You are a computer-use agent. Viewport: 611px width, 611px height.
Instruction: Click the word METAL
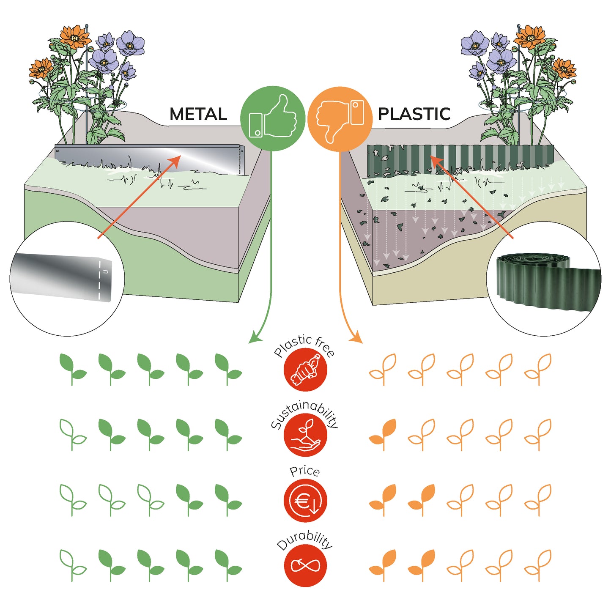tap(198, 114)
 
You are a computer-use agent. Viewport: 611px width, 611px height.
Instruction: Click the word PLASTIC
tap(414, 114)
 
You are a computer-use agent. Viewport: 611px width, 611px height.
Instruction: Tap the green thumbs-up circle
tap(273, 118)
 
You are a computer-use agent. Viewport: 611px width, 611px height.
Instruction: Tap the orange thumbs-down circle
tap(340, 119)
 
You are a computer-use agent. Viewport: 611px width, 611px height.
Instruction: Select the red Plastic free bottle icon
tap(305, 370)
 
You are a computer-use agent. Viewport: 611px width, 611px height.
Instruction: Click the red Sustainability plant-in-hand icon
tap(305, 436)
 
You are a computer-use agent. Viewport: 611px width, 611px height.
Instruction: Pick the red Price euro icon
tap(305, 501)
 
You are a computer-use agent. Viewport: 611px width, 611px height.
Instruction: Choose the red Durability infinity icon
tap(305, 565)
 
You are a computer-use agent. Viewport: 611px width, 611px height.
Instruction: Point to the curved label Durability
tap(304, 540)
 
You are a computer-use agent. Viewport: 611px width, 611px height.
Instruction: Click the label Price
tap(304, 471)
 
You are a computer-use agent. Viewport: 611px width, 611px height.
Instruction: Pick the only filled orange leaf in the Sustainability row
tap(384, 434)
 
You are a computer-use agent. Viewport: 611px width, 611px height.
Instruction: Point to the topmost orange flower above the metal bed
tap(75, 36)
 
